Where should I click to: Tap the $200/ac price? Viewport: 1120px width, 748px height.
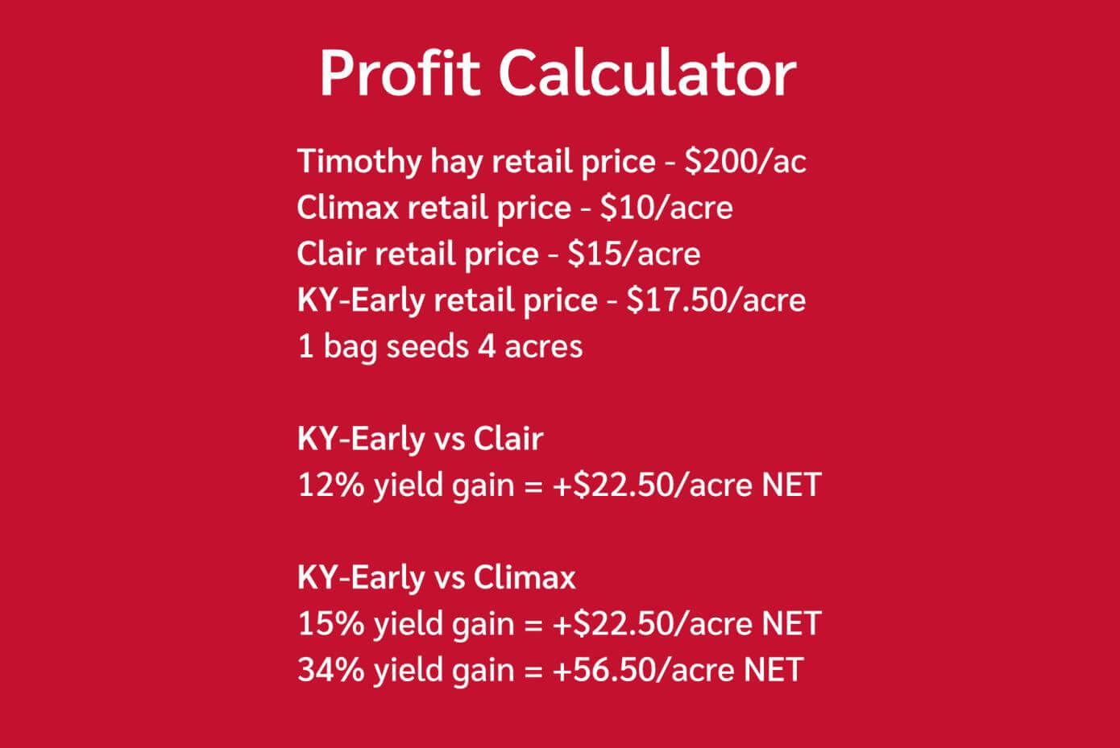click(745, 162)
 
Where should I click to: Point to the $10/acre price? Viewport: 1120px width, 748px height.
click(666, 209)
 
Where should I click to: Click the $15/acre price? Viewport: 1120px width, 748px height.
click(633, 254)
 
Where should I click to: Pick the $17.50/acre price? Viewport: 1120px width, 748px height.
click(716, 300)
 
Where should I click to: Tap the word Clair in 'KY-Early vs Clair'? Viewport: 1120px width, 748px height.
click(508, 440)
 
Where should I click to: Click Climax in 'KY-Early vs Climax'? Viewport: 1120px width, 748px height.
click(525, 578)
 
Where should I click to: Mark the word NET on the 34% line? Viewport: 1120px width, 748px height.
click(774, 670)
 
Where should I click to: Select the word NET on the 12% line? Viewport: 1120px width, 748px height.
click(791, 486)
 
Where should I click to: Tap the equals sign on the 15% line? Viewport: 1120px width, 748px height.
click(533, 625)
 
